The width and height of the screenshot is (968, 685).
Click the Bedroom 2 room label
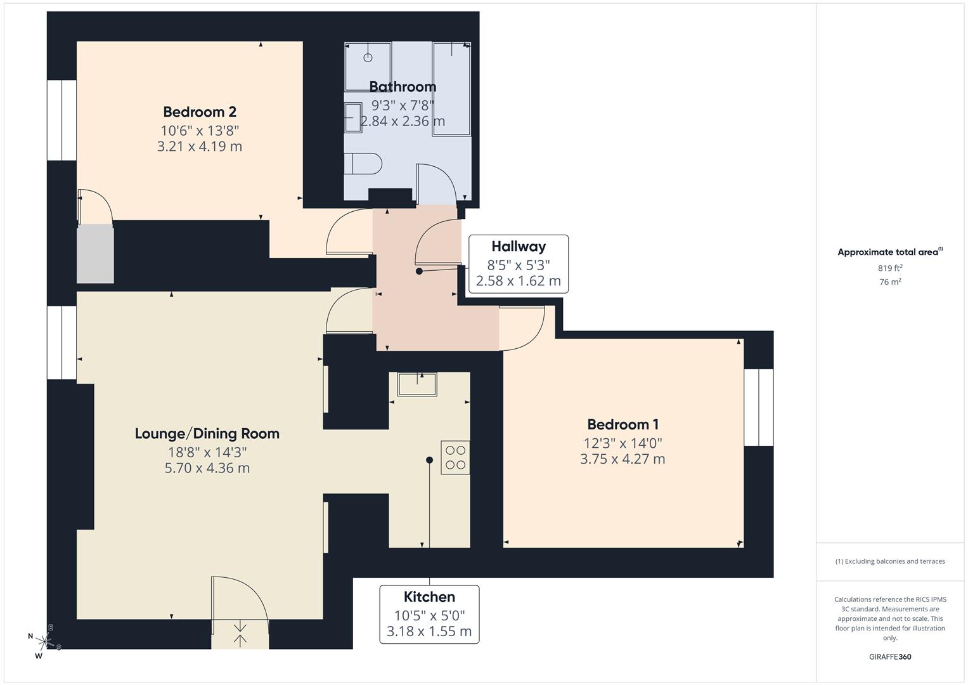tap(200, 112)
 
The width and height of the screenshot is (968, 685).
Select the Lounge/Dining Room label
tap(207, 434)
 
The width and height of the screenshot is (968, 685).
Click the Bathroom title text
tap(403, 87)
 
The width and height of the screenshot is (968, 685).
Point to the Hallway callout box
tap(518, 264)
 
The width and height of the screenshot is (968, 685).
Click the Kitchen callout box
tap(429, 614)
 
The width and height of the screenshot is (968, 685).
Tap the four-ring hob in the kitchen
tap(455, 457)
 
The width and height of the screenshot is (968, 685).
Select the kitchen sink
tap(417, 384)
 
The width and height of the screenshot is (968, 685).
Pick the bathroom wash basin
tap(352, 119)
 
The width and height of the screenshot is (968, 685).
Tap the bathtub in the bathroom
tap(451, 89)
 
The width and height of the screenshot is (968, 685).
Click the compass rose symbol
tap(44, 641)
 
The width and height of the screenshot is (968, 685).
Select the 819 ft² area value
tap(890, 268)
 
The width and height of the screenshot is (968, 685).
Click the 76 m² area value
tap(890, 282)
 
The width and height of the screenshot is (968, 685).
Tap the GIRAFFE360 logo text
tap(890, 656)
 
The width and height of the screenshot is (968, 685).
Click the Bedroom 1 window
tap(758, 407)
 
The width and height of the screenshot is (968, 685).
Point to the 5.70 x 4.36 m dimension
tap(207, 469)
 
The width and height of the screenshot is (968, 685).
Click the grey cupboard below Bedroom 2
tap(95, 254)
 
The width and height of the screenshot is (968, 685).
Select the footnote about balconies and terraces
tap(890, 561)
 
